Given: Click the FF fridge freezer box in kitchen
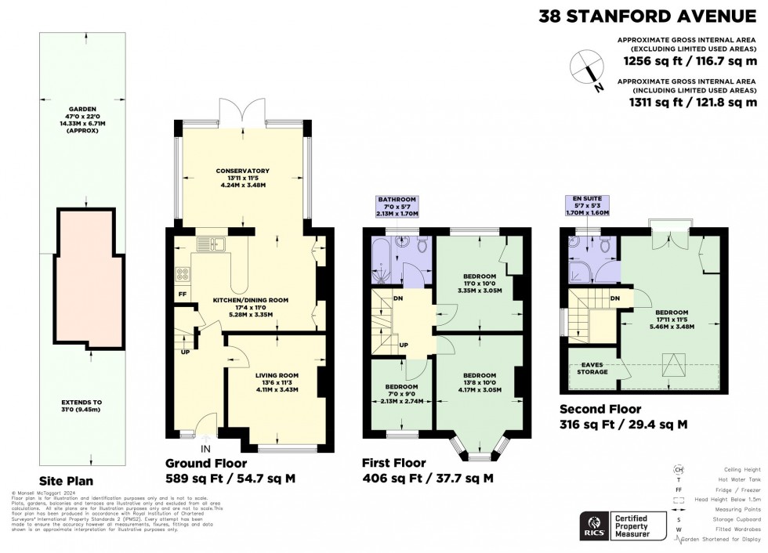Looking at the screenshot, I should pos(183,294).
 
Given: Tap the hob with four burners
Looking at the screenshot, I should pos(183,274).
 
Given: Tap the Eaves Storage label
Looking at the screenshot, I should pos(593,367).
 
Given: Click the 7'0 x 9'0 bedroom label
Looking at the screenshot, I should pos(401,394).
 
